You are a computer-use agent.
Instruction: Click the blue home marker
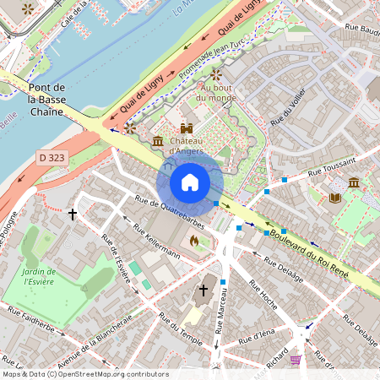click(x=190, y=182)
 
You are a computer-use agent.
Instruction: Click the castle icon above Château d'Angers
click(x=187, y=128)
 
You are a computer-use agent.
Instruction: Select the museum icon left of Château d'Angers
click(x=157, y=140)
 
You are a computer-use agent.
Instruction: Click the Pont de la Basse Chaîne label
click(x=47, y=100)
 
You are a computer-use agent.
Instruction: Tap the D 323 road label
click(x=52, y=158)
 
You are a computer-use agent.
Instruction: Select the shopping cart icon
click(x=295, y=359)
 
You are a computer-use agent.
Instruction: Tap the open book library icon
click(x=334, y=198)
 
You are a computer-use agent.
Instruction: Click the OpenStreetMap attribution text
click(x=84, y=373)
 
